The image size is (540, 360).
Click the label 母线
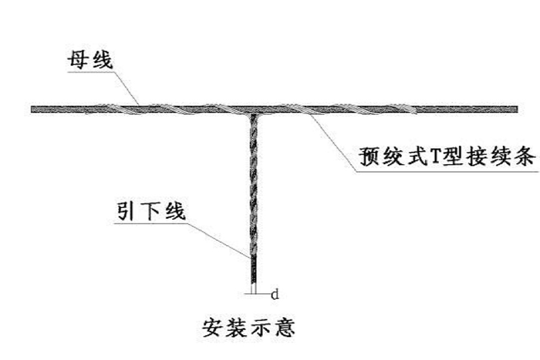pos(91,59)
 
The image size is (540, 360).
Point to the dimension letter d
pos(274,294)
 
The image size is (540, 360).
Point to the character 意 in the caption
pos(285,328)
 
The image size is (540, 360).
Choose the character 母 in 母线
pos(79,59)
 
